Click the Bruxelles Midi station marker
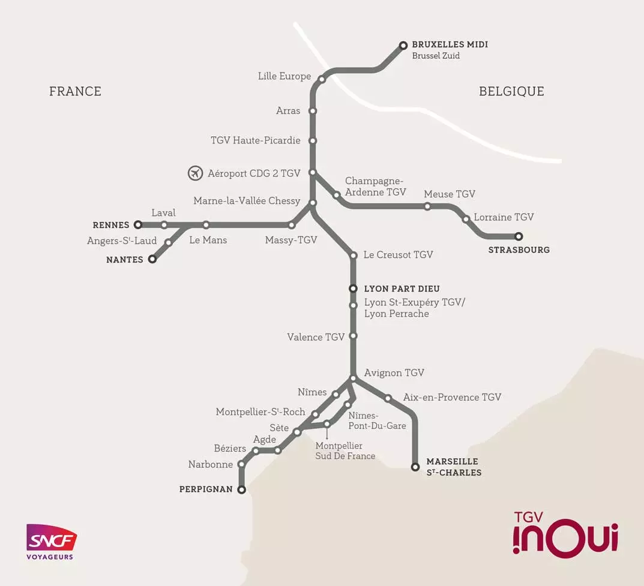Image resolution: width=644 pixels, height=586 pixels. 403,45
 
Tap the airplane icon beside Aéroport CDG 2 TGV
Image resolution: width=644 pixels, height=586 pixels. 195,173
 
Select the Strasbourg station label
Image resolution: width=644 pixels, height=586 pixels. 519,250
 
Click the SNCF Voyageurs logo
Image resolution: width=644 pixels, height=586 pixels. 51,542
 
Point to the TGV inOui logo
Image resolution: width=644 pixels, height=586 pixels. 565,533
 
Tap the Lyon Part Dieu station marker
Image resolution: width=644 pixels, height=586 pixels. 354,289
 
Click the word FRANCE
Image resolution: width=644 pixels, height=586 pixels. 75,91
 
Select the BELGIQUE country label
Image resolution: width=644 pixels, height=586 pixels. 511,91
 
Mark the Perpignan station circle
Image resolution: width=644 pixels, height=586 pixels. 242,490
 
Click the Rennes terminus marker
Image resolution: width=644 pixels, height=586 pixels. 138,225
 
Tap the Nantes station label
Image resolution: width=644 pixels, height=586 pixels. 125,260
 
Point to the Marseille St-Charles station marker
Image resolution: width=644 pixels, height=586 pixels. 415,467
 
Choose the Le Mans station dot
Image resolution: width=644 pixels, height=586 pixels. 206,225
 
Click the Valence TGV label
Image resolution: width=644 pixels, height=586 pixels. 316,337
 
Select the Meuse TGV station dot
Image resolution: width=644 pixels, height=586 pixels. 427,206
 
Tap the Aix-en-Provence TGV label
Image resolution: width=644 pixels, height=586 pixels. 452,397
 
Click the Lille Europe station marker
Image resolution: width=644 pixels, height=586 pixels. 322,79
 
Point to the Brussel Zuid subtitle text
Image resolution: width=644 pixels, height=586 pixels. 436,56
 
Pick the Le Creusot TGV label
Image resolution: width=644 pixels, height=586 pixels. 398,255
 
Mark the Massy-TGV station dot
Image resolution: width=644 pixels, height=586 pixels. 292,226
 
